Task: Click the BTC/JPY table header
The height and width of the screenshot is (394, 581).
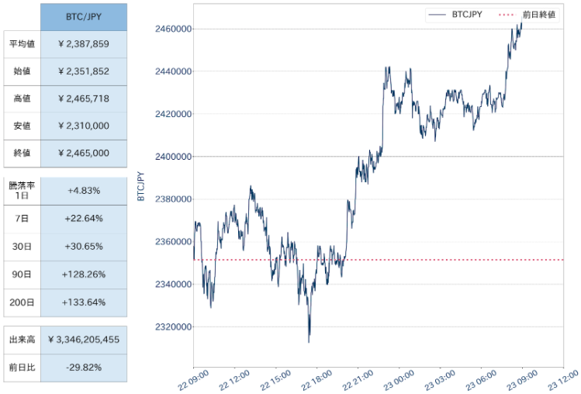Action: [x=84, y=17]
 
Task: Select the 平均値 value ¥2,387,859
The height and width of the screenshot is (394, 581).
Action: [x=84, y=44]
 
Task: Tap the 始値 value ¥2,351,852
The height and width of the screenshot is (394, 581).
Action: [x=84, y=71]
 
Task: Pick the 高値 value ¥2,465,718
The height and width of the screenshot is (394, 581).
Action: [x=84, y=98]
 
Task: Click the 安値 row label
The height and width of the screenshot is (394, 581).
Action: [x=22, y=126]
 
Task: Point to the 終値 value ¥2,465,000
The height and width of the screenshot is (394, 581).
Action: [x=84, y=153]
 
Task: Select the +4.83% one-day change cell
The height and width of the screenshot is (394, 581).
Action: [x=84, y=191]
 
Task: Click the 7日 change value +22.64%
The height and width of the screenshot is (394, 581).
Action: [x=84, y=219]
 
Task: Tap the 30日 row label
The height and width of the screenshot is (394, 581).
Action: [x=22, y=247]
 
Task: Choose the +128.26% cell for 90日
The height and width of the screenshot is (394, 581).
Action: [x=84, y=275]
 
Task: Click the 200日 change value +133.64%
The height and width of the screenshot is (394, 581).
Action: [x=84, y=302]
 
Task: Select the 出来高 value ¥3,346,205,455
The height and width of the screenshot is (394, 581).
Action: [x=84, y=340]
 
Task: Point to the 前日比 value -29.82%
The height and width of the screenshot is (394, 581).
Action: [x=84, y=368]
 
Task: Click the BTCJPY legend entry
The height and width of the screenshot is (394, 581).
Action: [x=455, y=15]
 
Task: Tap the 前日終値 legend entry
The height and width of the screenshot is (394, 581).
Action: [x=527, y=15]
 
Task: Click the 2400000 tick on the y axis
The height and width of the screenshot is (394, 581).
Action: [x=174, y=157]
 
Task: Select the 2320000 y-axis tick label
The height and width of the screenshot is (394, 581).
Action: [x=174, y=327]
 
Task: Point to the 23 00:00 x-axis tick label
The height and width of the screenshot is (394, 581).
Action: [x=399, y=381]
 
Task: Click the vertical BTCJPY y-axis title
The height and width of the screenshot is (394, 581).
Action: [x=141, y=186]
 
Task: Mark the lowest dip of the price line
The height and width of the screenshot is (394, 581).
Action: [x=309, y=342]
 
